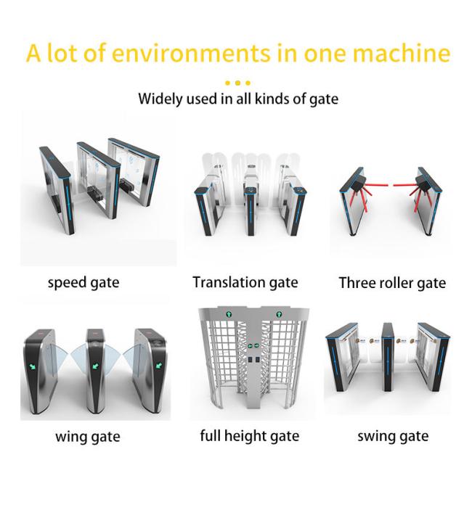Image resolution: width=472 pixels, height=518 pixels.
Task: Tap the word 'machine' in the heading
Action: (401, 53)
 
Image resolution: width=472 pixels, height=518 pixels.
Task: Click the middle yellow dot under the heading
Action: (237, 83)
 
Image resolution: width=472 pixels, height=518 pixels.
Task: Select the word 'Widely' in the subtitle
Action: (160, 99)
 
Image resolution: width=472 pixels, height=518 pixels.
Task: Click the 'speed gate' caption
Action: (84, 283)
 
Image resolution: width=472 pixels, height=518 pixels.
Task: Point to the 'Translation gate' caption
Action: (245, 283)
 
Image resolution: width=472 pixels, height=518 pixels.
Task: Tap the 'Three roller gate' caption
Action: (392, 284)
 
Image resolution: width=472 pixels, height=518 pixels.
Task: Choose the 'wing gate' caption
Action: (88, 437)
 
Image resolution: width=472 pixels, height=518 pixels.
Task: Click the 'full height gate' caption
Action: (249, 436)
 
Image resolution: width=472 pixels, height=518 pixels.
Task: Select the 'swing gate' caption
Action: (393, 437)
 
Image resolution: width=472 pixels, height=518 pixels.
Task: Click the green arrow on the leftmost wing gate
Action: (33, 366)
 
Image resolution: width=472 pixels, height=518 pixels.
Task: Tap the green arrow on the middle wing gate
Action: (96, 366)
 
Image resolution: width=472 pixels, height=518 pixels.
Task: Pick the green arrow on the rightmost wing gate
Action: (159, 366)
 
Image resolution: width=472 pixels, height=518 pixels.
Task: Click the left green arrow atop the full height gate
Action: (229, 313)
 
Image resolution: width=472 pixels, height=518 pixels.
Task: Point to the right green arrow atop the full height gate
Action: (279, 313)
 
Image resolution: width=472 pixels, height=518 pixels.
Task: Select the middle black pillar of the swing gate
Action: (388, 358)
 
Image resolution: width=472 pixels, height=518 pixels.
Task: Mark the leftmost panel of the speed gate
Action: (56, 191)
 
